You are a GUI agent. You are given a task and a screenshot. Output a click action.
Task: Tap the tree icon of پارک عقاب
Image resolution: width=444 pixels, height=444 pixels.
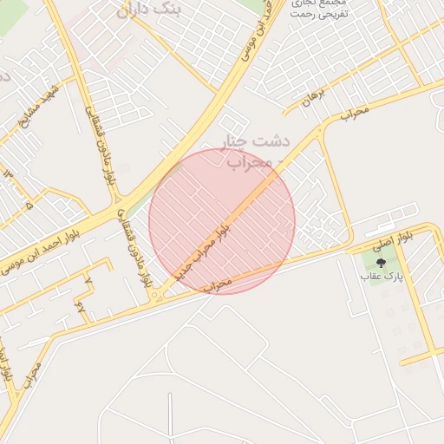pyautogui.click(x=382, y=262)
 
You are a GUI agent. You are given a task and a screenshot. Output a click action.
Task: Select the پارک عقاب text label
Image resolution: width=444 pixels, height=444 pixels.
pyautogui.click(x=382, y=277)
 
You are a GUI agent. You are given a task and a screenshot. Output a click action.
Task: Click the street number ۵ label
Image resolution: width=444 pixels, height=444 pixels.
pyautogui.click(x=29, y=206)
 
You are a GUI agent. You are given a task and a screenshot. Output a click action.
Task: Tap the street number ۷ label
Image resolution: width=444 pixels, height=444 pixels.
pyautogui.click(x=87, y=281)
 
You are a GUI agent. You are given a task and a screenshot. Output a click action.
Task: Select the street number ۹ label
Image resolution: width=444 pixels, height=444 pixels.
pyautogui.click(x=80, y=305)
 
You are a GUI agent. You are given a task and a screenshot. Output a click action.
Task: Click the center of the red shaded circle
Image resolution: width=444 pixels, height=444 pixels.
pyautogui.click(x=222, y=221)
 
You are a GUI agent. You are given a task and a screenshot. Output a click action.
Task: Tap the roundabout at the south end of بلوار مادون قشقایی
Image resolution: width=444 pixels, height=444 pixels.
pyautogui.click(x=154, y=297)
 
